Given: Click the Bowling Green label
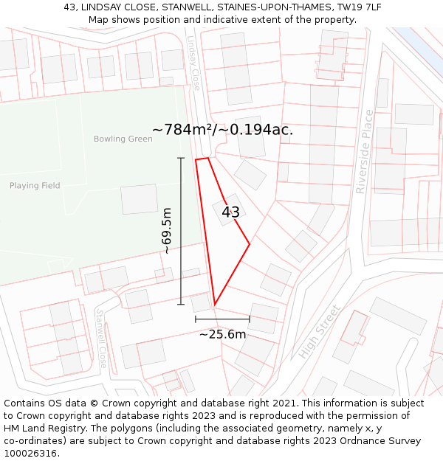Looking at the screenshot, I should point(123,139).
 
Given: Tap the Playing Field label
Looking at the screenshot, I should point(35,186).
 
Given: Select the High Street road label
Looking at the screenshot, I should point(320,331).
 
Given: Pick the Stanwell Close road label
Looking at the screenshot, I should point(101,339).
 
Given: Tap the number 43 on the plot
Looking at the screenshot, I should point(230,212).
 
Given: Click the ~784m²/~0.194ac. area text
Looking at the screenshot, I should point(222,130).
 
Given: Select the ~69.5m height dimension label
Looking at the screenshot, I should point(168,231).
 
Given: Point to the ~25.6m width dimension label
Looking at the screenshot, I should point(222,334).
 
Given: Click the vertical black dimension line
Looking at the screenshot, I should point(181,231).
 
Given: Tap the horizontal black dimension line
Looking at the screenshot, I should point(222,319).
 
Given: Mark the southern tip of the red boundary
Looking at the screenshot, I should point(214,305).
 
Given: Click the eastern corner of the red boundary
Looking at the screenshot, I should point(250,243).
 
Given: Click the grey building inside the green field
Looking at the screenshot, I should point(139,199).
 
